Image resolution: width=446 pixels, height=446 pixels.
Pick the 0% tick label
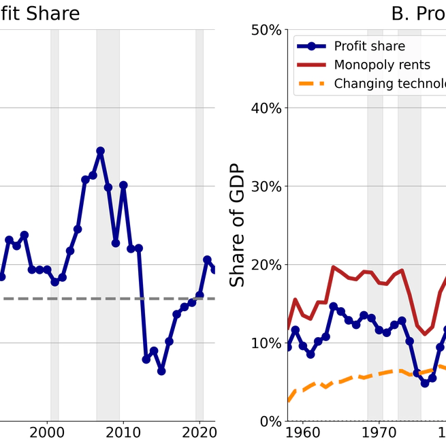click(270, 421)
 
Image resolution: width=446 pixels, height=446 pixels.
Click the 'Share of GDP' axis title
click(237, 225)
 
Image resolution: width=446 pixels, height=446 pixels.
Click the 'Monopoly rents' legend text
click(381, 65)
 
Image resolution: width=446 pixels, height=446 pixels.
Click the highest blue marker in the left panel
click(100, 150)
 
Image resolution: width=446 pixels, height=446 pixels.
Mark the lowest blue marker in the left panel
click(161, 371)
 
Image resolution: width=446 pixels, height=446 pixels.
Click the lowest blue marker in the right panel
click(425, 383)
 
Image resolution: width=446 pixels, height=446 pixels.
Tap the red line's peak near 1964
click(334, 268)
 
